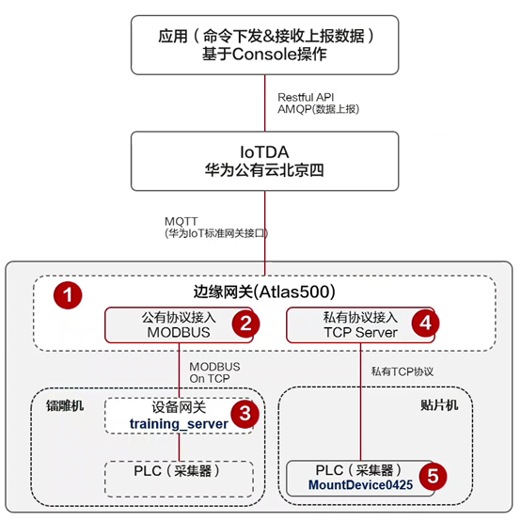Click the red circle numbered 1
coord(68,295)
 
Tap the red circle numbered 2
coord(245,324)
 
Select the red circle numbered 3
coord(245,414)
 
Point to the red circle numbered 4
coord(426,323)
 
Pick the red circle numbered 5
coord(433,476)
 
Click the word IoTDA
coord(264,152)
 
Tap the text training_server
coord(179,424)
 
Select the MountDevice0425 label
coord(360,484)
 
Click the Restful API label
coord(306,98)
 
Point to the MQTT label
coord(182,221)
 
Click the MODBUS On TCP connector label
coord(214,372)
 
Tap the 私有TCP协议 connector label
coord(403,371)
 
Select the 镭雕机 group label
coord(65,405)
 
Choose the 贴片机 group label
coord(439,405)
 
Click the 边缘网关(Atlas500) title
coord(264,292)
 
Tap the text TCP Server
coord(361,333)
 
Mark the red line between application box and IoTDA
coord(265,103)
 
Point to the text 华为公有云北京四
coord(264,170)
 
